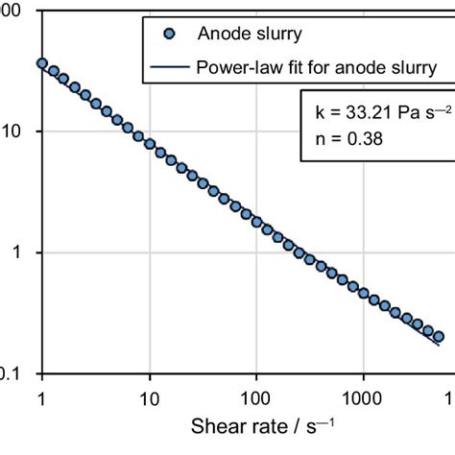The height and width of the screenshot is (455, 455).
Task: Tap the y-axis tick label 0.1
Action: tap(10, 374)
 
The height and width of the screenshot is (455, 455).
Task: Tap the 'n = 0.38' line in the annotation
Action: tap(343, 137)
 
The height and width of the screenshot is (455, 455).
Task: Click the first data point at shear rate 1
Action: tap(41, 63)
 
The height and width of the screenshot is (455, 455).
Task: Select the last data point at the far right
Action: tap(439, 336)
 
